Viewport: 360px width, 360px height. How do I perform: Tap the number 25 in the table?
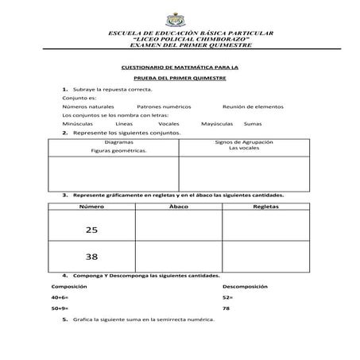click(91, 230)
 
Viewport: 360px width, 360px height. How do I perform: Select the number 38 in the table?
click(91, 257)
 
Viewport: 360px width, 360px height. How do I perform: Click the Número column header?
click(91, 206)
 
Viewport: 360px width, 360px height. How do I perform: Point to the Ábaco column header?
click(179, 206)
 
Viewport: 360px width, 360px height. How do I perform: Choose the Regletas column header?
click(265, 206)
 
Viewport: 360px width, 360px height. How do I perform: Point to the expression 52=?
click(228, 296)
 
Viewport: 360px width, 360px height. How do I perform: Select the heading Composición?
click(69, 285)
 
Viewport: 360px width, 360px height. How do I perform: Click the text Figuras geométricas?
click(118, 149)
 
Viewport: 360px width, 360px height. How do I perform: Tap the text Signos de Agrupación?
click(244, 141)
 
